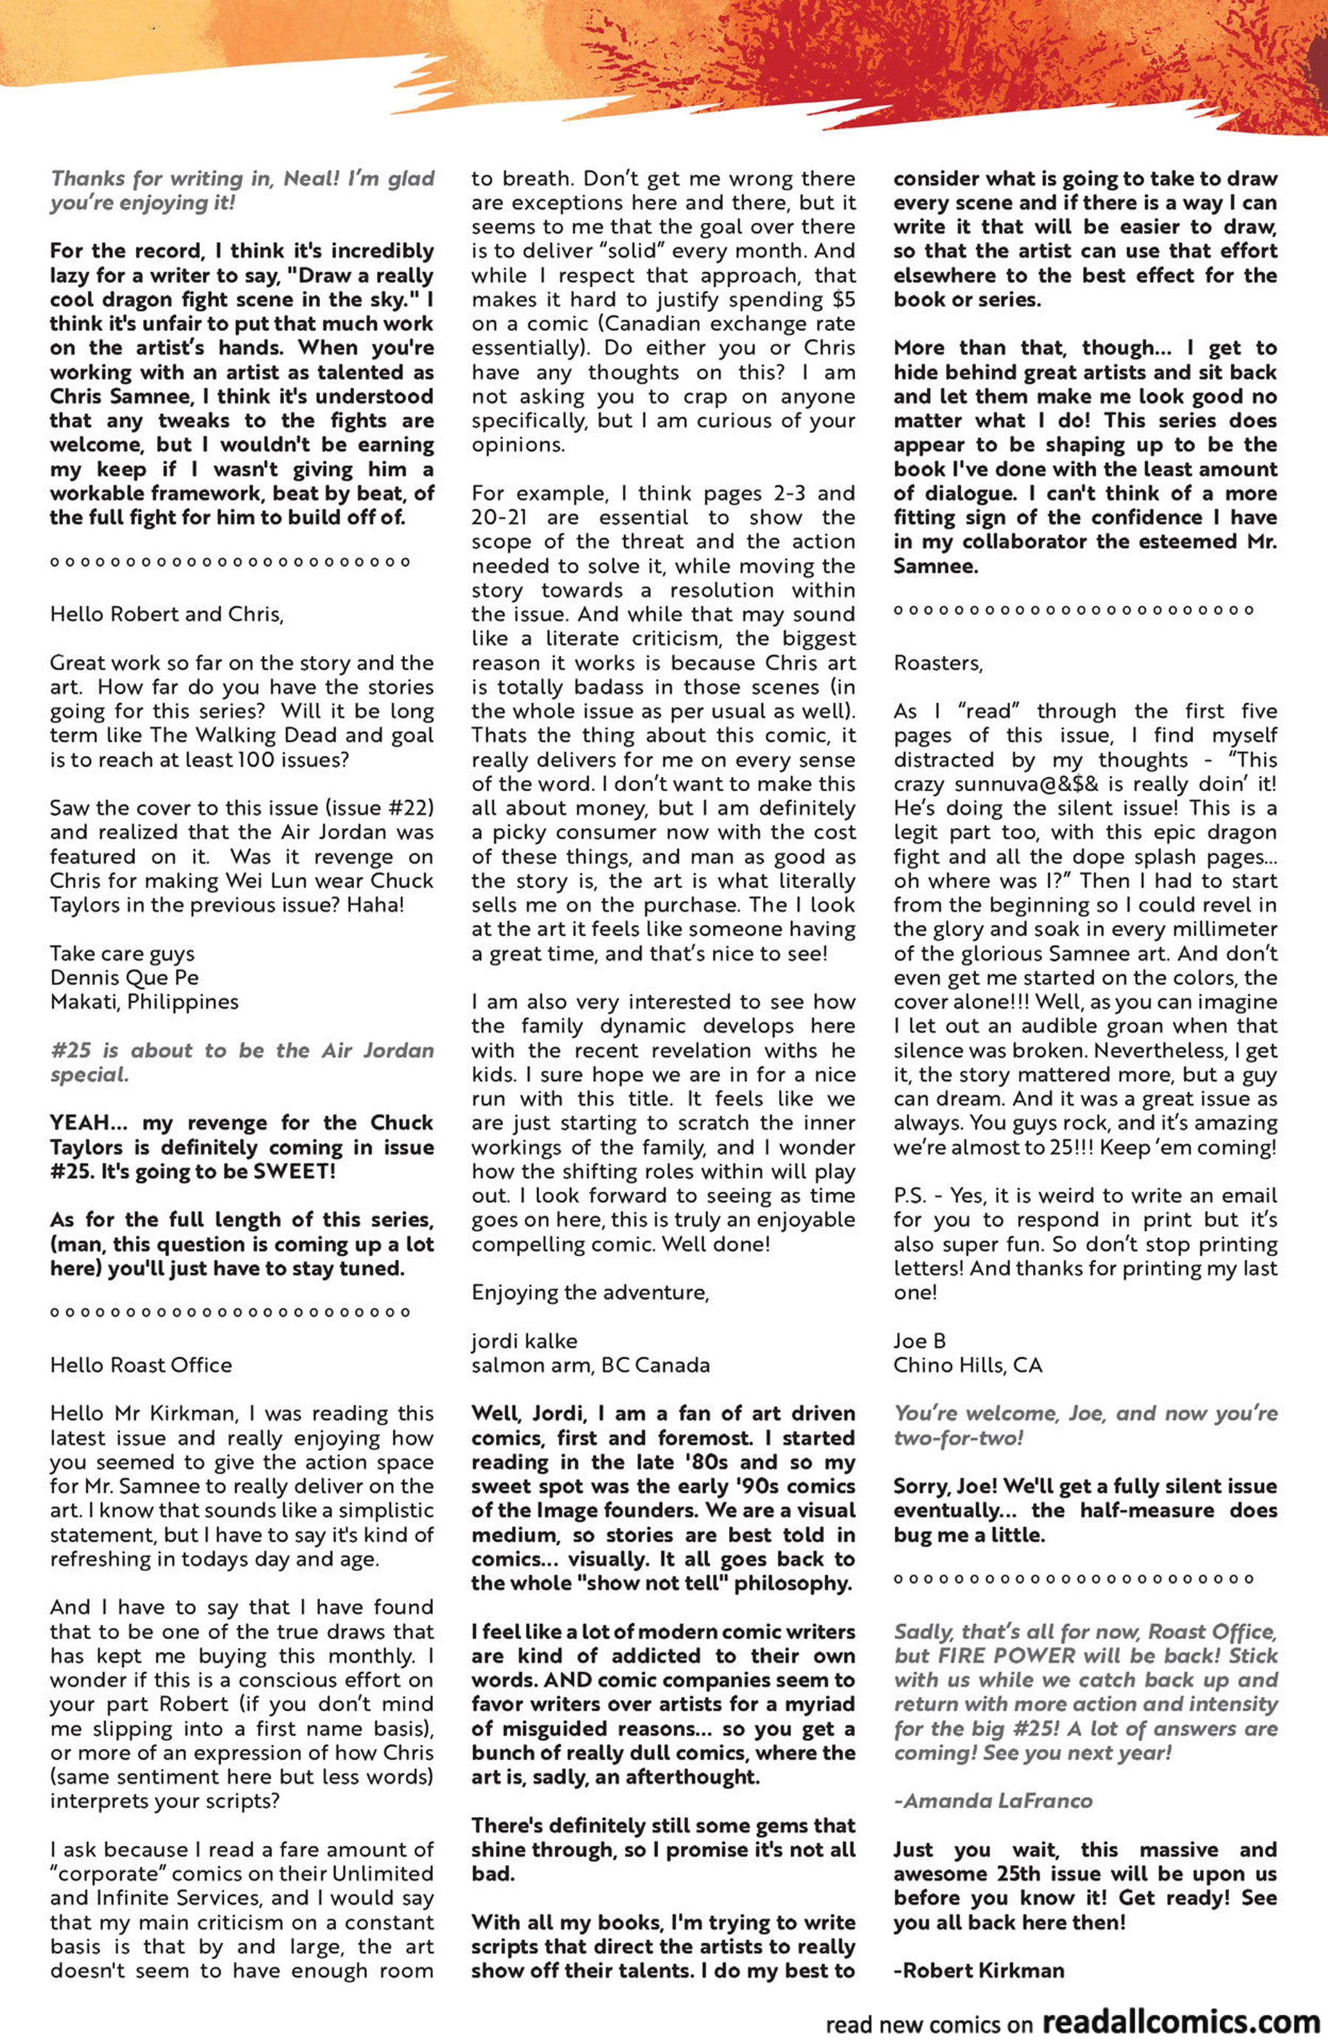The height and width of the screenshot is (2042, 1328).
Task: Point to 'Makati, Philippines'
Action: point(144,1001)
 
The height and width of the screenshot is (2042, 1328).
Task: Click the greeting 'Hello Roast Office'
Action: point(141,1365)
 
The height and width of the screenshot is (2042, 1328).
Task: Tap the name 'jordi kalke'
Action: point(523,1341)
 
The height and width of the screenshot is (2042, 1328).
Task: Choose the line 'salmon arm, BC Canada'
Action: point(590,1365)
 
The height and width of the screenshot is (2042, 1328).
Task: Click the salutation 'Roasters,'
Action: point(938,663)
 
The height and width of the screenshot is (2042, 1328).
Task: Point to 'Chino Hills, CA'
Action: point(968,1365)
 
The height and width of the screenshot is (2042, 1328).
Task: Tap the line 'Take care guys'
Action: point(122,953)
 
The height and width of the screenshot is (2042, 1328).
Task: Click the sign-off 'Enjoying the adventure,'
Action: point(590,1292)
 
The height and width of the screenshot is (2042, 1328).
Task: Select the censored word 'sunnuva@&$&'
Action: point(1017,784)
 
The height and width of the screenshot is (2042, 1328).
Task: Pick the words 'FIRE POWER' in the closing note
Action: point(996,1655)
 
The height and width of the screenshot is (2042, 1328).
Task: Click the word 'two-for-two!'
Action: point(958,1438)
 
